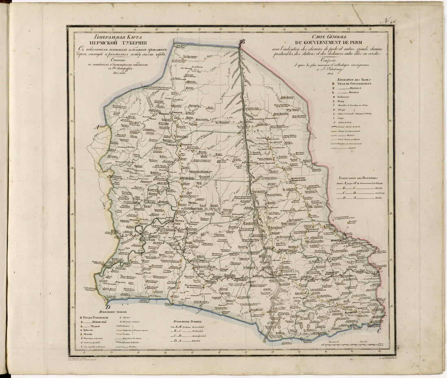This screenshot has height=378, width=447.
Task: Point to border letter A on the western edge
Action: click(97, 127)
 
